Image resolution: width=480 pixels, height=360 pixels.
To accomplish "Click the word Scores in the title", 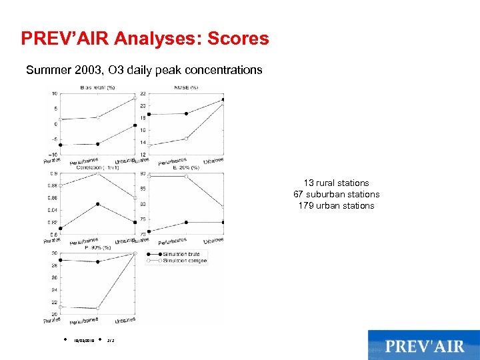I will tap(238, 39).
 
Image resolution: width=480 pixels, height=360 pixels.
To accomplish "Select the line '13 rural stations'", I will tap(336, 183).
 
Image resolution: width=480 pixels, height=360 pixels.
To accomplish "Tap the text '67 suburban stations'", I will tap(336, 194).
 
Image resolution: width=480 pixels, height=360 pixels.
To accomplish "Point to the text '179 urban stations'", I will tap(336, 205).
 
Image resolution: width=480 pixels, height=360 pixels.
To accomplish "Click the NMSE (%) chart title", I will tap(186, 87).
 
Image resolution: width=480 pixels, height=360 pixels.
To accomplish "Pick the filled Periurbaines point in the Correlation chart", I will tap(98, 204).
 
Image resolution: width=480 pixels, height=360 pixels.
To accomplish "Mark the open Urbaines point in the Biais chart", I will tap(135, 99).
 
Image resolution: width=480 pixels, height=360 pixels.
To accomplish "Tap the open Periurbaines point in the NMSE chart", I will tap(186, 138).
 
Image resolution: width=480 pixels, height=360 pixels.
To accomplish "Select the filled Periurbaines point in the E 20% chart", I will tap(186, 222).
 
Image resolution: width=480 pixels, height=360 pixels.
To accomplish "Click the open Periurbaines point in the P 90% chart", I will tap(98, 309).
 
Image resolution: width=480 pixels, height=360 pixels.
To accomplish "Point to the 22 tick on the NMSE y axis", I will tap(143, 93).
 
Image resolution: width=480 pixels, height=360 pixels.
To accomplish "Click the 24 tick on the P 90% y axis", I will tap(54, 289).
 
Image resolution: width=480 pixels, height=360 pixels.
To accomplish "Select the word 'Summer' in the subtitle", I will tap(45, 70).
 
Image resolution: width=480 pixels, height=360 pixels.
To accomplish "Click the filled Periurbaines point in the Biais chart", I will tap(98, 144).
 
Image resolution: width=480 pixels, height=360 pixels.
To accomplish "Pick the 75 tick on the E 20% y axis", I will tap(143, 219).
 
